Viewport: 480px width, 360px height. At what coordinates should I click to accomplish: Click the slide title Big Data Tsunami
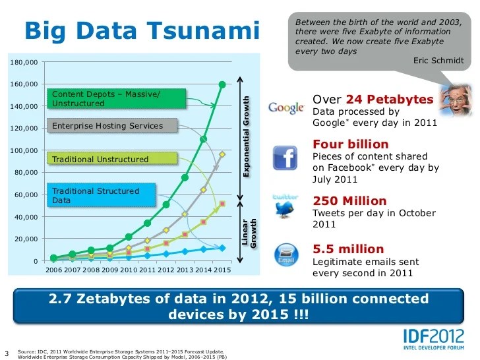click(142, 30)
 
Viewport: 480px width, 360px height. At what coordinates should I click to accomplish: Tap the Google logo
click(286, 107)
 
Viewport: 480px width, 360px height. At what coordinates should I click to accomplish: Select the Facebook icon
click(287, 158)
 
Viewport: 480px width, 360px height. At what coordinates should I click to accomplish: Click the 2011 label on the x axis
click(148, 270)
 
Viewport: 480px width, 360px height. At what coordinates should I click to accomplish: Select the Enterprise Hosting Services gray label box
click(113, 126)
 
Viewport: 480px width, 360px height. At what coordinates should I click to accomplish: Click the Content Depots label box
click(115, 99)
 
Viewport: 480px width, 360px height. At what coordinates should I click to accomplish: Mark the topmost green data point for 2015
click(222, 84)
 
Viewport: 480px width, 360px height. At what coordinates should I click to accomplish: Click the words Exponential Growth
click(247, 135)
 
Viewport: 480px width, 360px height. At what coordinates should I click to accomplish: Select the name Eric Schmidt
click(438, 61)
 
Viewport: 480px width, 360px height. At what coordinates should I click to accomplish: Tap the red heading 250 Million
click(349, 200)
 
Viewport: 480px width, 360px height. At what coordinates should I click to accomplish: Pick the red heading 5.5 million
click(348, 249)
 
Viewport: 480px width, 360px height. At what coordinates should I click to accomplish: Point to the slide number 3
click(7, 351)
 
